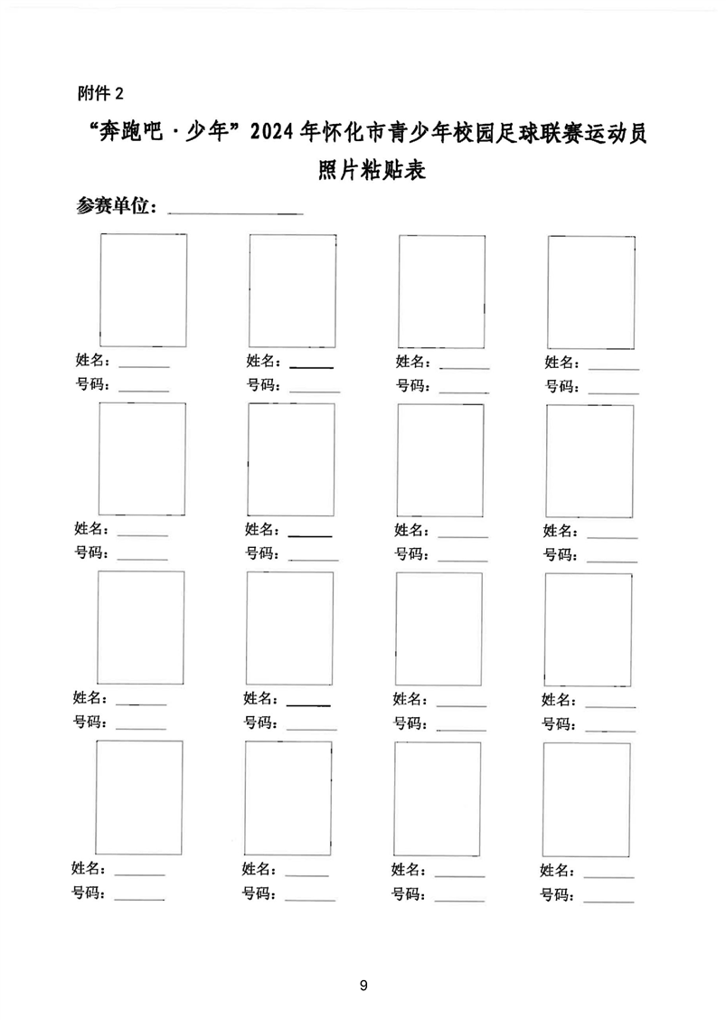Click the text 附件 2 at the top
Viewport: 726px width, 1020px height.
(100, 94)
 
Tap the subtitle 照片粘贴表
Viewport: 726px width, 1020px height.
(372, 170)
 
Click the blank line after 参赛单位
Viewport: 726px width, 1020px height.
(235, 212)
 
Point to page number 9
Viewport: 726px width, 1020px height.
(363, 985)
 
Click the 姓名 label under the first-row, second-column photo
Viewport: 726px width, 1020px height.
(261, 361)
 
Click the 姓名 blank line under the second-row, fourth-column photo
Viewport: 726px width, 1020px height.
(612, 538)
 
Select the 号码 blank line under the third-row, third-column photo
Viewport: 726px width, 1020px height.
(461, 731)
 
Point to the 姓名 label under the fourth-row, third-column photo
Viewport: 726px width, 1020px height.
(407, 869)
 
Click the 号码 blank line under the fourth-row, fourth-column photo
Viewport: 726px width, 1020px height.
(608, 902)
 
